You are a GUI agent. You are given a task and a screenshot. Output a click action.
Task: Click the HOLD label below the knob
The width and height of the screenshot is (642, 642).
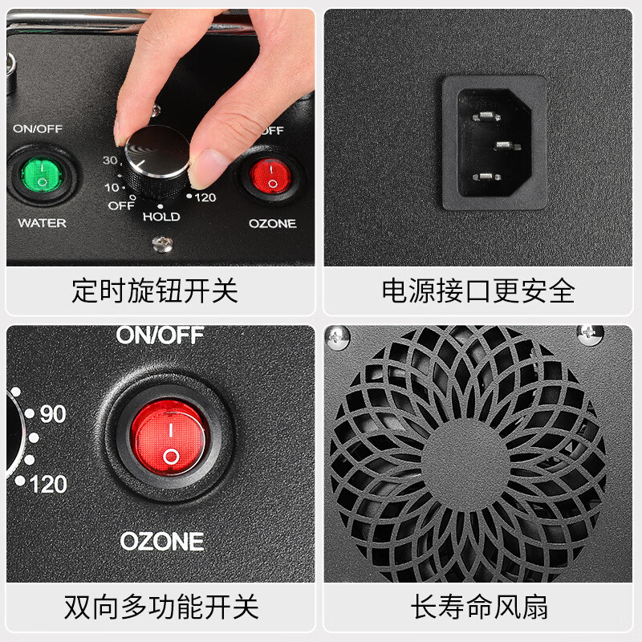161,217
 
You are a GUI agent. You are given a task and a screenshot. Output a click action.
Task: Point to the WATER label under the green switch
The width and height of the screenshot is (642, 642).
42,222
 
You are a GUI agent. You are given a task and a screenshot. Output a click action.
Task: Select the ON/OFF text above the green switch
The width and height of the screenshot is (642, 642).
37,128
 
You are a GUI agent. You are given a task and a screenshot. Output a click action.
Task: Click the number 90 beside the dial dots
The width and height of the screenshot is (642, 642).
52,415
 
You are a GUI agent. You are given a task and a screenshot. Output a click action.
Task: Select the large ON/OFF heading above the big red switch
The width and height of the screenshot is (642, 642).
160,335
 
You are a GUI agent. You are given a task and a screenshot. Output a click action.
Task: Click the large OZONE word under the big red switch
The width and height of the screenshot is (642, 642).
162,540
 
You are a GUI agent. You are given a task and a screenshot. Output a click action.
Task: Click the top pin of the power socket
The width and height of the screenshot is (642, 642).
485,117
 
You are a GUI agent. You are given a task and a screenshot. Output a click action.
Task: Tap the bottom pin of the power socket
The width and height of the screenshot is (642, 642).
485,177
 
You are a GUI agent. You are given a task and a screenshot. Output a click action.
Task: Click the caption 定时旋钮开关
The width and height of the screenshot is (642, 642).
154,291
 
